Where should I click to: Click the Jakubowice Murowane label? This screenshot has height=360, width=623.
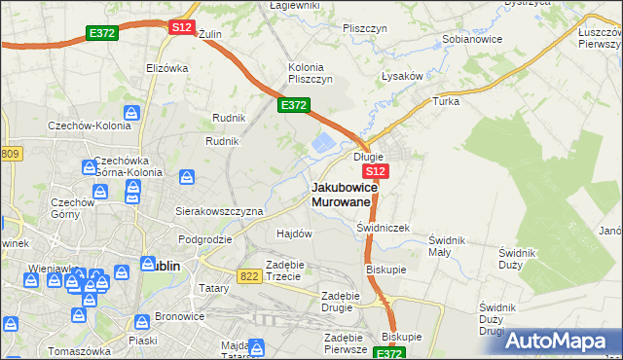(x=341, y=194)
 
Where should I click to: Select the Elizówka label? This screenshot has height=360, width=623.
(x=166, y=68)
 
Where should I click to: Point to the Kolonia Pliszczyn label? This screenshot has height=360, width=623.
(x=311, y=73)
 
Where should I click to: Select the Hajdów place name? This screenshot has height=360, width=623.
(x=294, y=234)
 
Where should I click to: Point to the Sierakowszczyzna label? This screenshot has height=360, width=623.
(x=219, y=210)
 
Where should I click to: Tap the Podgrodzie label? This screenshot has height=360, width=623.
(x=204, y=238)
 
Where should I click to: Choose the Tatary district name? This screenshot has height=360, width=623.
(x=214, y=288)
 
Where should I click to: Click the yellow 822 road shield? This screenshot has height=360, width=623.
(x=250, y=277)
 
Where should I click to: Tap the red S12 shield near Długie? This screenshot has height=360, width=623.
(x=379, y=171)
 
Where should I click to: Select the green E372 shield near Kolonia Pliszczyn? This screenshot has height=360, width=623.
(x=294, y=105)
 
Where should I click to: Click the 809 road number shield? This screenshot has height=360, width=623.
(x=10, y=154)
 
